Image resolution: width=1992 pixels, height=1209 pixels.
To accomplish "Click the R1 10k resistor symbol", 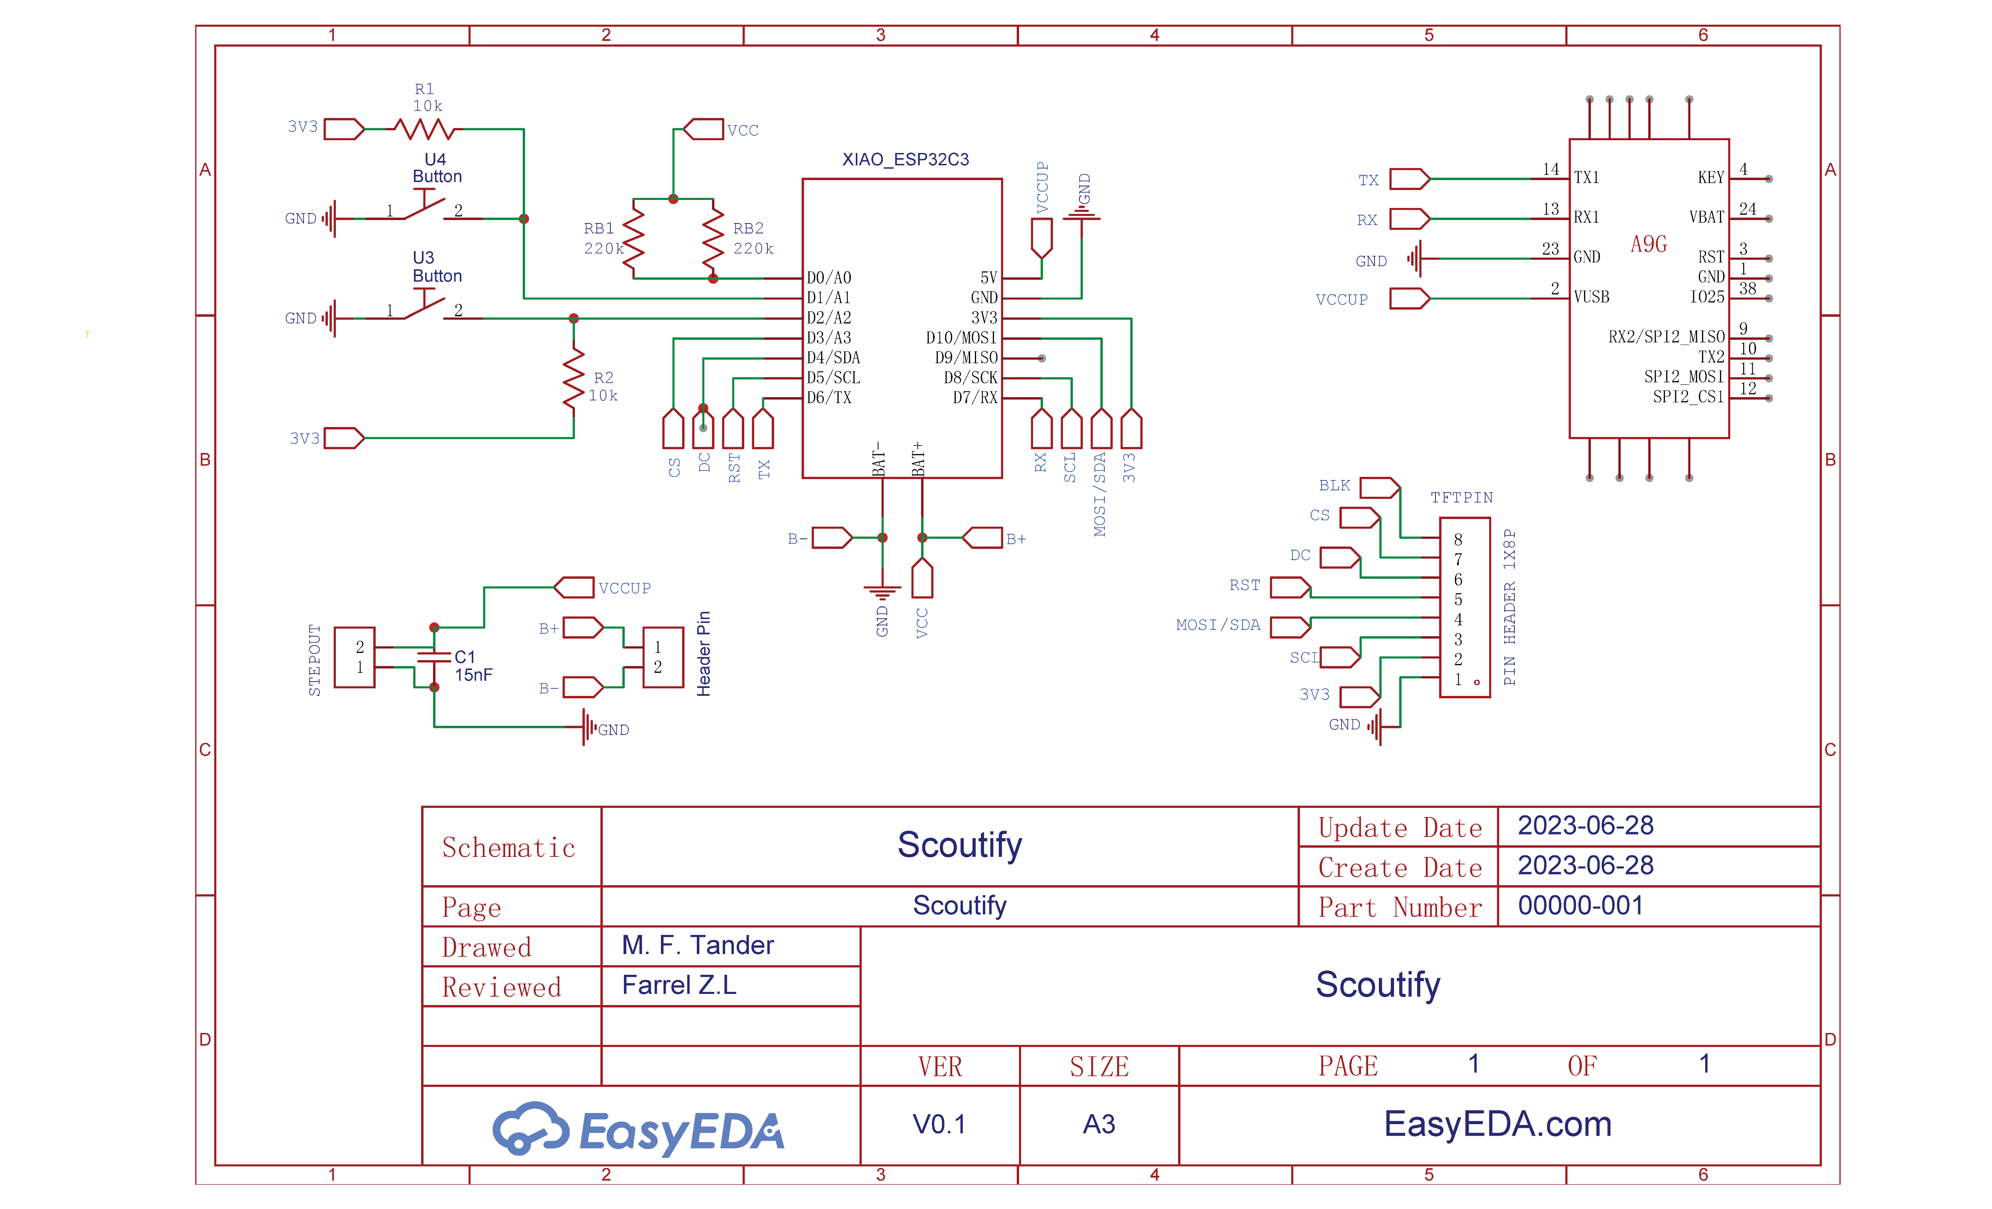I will coord(423,129).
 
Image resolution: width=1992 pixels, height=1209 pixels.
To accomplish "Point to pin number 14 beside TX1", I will coord(1550,169).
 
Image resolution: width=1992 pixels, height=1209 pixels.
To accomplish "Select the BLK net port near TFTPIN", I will coord(1378,487).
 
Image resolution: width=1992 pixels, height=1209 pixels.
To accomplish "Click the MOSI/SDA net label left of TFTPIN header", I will coord(1218,625).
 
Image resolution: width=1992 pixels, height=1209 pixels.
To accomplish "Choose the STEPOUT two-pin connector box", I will coord(354,657).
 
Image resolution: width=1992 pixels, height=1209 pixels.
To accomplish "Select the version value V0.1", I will coord(939,1124).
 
